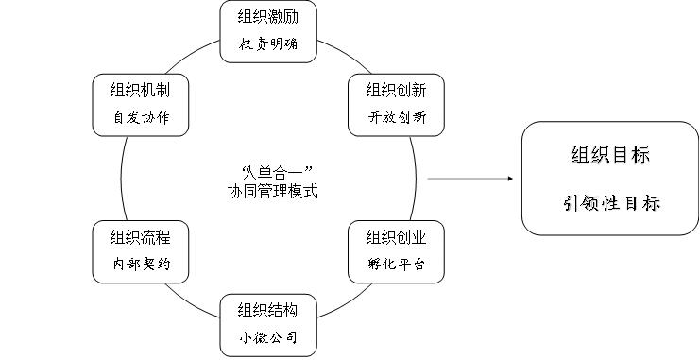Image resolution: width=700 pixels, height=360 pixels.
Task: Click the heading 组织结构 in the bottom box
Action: [266, 310]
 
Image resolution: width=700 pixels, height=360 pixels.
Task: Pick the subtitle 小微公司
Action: [266, 337]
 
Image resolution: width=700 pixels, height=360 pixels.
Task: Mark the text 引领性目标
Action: [610, 202]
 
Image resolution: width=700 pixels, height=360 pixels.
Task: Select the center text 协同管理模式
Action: [266, 190]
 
